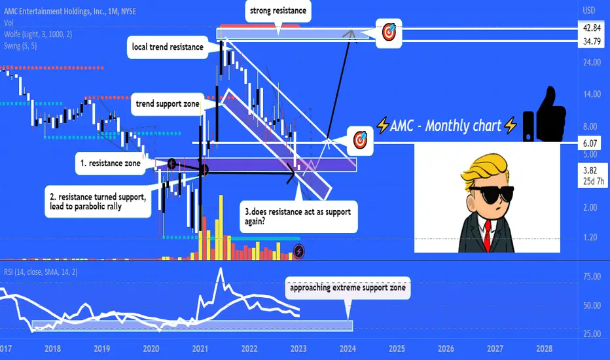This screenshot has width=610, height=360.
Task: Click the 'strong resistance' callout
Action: [278, 11]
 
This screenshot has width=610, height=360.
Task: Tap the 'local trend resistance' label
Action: [168, 47]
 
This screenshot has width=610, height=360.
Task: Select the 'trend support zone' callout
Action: [168, 104]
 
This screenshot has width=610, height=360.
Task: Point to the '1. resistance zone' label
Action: [111, 164]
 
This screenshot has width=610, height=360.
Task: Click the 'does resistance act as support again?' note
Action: [298, 217]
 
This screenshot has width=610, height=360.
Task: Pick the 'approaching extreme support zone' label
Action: [348, 287]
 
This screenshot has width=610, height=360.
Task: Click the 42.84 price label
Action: [592, 28]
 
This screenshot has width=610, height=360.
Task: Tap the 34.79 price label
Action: [592, 41]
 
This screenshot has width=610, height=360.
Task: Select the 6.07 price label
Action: [590, 143]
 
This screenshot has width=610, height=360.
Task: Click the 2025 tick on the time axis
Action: [397, 348]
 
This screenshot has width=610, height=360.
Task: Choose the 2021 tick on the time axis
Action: [200, 348]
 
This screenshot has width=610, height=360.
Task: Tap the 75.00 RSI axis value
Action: [592, 276]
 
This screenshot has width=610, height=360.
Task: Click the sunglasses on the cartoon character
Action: [491, 194]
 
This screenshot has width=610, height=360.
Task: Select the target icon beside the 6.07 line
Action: [360, 141]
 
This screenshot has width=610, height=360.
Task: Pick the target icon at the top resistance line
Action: [389, 33]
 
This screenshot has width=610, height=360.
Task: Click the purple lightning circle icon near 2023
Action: [298, 252]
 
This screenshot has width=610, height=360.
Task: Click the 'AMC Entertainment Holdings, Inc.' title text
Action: [54, 11]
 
